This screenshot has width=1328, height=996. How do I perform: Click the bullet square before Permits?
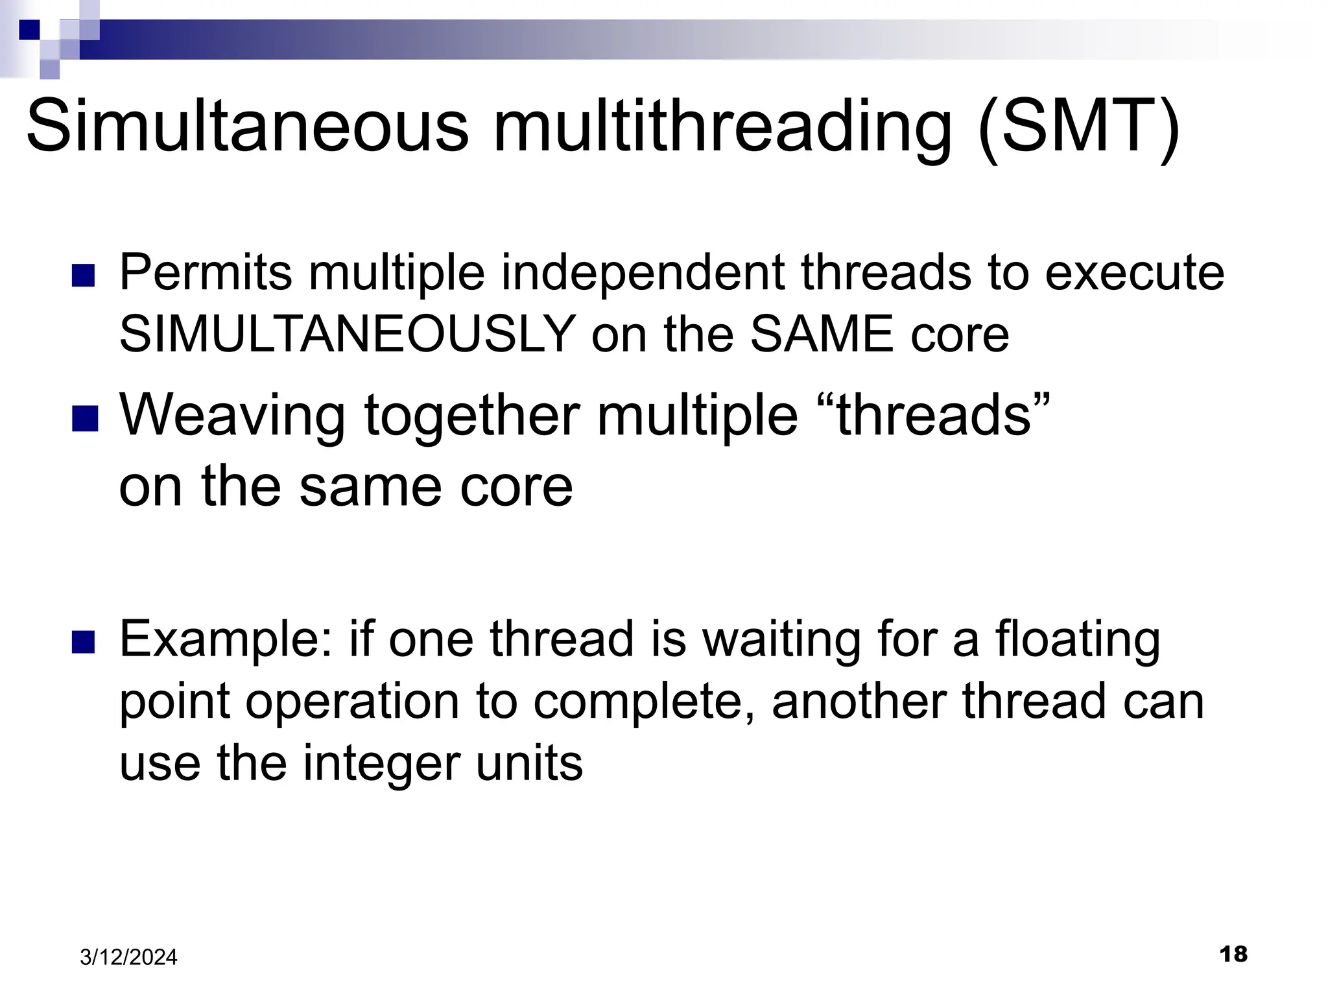coord(83,276)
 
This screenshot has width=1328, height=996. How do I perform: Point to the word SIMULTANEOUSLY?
coord(347,335)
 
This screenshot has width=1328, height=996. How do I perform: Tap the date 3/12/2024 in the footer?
coord(128,957)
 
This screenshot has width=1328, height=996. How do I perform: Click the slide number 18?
coord(1233,954)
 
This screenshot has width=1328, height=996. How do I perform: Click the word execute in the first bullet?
coord(1135,272)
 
